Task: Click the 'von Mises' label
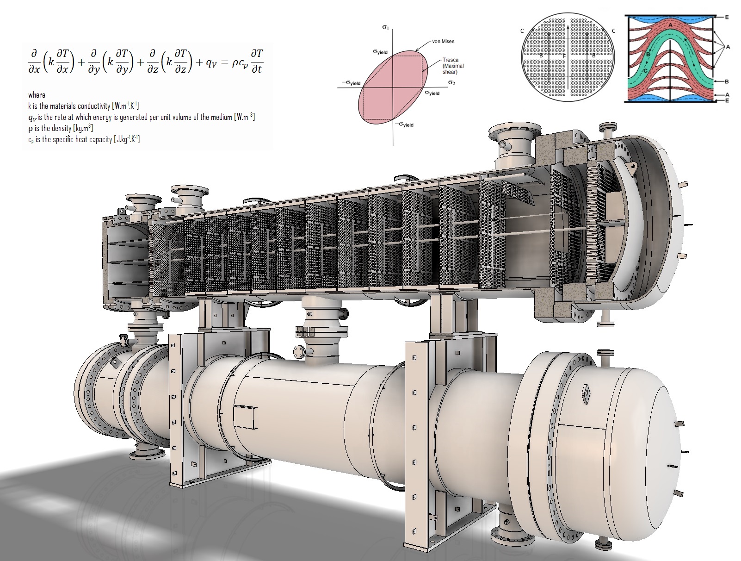pos(443,42)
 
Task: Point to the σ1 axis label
pos(385,27)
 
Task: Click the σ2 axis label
pos(451,83)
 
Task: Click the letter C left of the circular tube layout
pos(522,31)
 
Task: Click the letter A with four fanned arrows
pos(728,47)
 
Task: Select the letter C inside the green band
pos(645,71)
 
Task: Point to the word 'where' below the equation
pos(37,95)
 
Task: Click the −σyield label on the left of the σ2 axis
pos(351,83)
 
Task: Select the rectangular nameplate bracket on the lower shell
pos(244,417)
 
